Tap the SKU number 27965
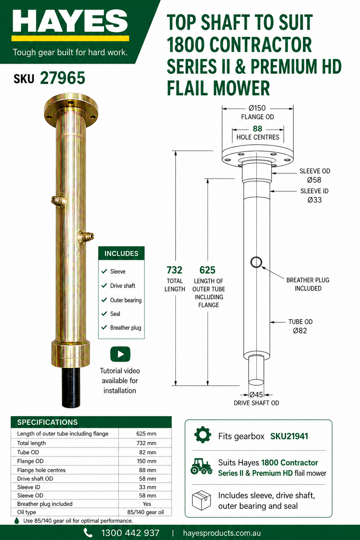coord(63,78)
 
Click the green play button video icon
coord(120,354)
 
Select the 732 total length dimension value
coord(174,270)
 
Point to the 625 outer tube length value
coord(207,270)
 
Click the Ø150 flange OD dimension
coord(257,108)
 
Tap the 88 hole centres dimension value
coord(258,128)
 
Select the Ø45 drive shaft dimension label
coord(256,395)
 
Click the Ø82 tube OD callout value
coord(300,330)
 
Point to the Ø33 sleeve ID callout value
coord(314,200)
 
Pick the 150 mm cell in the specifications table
coord(147,461)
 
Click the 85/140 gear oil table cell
coord(146,512)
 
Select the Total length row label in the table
coord(31,443)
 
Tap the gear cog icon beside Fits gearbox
coord(203,435)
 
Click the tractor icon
coord(201,466)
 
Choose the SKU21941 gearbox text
coord(289,436)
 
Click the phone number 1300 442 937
coord(130,533)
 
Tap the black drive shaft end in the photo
coord(71,387)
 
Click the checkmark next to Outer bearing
coord(104,300)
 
